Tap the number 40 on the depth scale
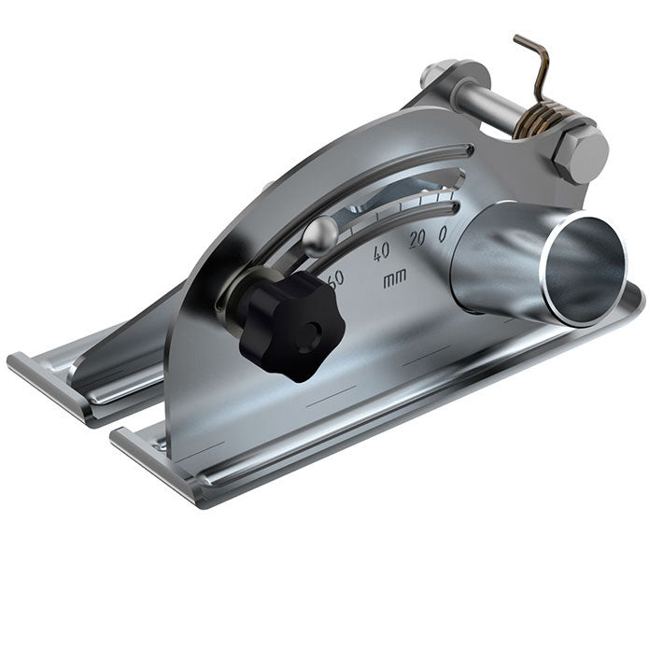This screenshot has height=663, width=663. [382, 251]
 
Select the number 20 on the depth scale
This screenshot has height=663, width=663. [416, 238]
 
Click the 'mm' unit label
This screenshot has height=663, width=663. [394, 278]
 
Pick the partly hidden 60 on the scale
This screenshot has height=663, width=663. [335, 276]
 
